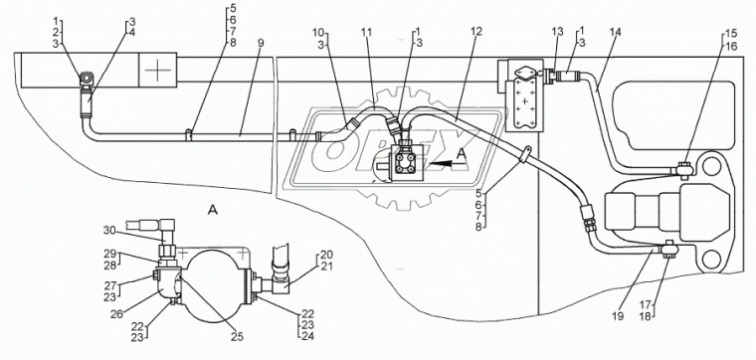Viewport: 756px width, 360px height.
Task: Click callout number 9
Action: point(261,43)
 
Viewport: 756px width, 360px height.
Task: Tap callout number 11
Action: point(367,33)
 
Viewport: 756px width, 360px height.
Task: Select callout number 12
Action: point(476,33)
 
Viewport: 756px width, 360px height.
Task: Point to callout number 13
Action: point(557,32)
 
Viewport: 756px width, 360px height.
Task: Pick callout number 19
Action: point(618,316)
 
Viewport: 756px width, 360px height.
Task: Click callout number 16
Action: point(730,47)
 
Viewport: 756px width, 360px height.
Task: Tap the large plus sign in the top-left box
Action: point(157,70)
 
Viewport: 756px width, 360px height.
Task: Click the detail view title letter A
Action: point(211,209)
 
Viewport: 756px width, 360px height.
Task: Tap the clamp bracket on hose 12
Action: point(525,155)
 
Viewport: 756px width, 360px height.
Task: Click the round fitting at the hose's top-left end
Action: point(88,78)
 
